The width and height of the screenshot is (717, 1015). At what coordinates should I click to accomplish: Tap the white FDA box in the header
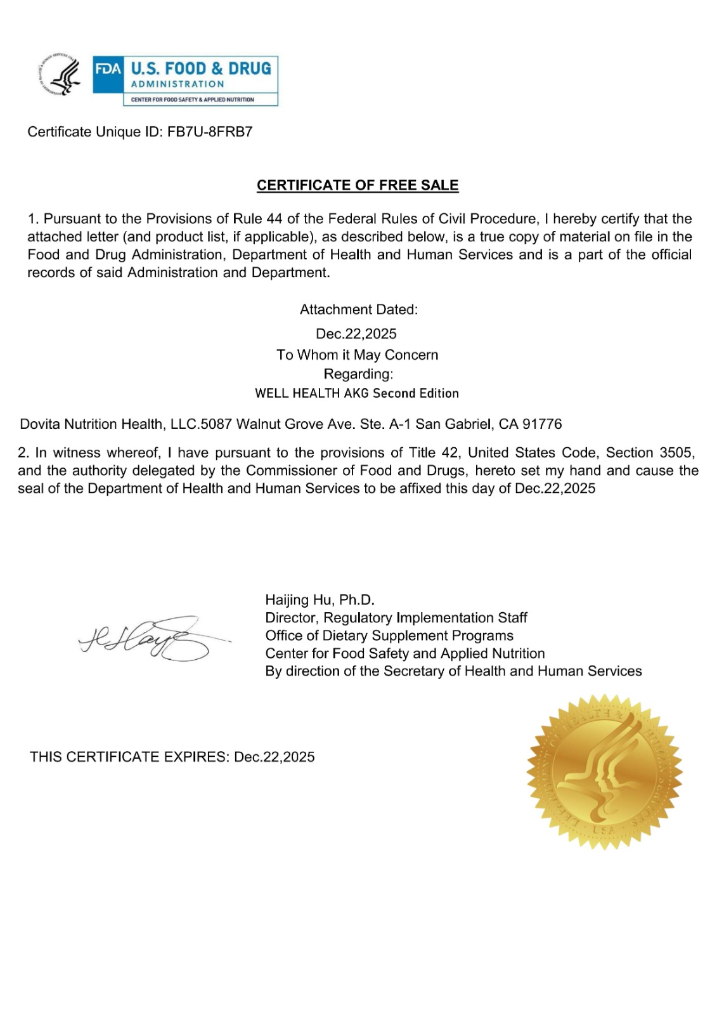[108, 69]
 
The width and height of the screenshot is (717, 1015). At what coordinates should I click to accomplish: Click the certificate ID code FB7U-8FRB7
[210, 132]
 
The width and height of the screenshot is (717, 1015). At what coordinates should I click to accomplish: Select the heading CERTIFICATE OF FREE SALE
[358, 185]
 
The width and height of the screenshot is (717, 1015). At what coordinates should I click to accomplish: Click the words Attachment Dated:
[359, 310]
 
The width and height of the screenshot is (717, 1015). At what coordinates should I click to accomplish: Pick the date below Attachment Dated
[356, 334]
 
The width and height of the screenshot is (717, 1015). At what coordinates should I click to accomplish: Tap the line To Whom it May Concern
[357, 355]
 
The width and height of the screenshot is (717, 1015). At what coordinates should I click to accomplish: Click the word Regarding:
[358, 374]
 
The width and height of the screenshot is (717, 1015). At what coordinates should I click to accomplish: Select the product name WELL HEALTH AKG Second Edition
[357, 393]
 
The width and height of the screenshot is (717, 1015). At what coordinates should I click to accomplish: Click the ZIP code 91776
[542, 424]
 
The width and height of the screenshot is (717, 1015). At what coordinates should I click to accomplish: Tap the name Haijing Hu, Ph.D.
[320, 600]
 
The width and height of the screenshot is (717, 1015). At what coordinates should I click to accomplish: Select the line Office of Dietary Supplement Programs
[389, 636]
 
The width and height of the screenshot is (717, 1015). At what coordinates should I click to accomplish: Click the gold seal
[604, 771]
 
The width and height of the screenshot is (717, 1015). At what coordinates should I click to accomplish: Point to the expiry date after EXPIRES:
[275, 757]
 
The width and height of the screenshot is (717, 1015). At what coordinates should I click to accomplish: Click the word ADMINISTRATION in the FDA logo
[178, 84]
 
